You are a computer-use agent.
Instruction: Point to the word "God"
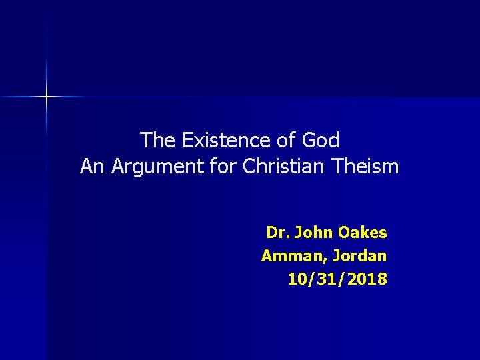pyautogui.click(x=321, y=141)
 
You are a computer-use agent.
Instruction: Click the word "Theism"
pyautogui.click(x=366, y=166)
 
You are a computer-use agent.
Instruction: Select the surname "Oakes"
pyautogui.click(x=363, y=233)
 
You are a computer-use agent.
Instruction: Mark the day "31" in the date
pyautogui.click(x=324, y=279)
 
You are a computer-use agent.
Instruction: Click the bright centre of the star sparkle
pyautogui.click(x=47, y=97)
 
